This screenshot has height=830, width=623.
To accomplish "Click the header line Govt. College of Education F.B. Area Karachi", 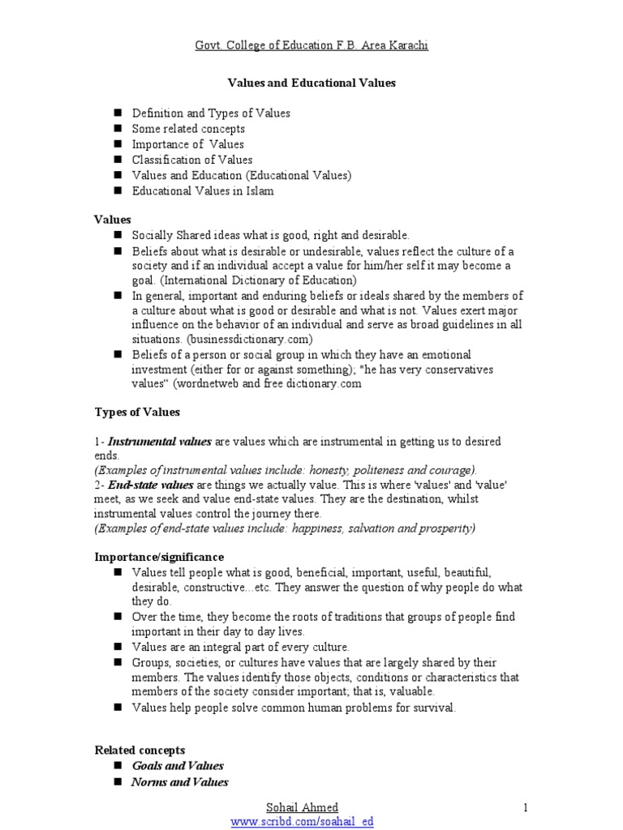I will click(311, 45).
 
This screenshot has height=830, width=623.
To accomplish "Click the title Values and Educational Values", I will click(310, 83).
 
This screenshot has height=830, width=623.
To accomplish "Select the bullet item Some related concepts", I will click(188, 129).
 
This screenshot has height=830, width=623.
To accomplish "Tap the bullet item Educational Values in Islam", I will click(203, 191).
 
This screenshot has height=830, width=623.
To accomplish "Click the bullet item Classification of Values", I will click(192, 160).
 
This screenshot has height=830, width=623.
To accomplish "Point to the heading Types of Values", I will click(137, 412).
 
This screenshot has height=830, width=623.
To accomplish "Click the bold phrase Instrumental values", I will click(160, 442).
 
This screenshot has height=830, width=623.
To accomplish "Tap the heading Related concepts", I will click(140, 750).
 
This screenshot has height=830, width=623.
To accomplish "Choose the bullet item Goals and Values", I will click(178, 766).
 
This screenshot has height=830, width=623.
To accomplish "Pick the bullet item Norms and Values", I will click(179, 782).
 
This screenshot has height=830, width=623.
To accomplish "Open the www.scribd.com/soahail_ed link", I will click(302, 821).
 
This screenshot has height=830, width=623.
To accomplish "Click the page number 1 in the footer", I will click(526, 807).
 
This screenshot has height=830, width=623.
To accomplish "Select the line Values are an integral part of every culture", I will click(241, 647).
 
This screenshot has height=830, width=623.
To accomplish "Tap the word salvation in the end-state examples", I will click(350, 528).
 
